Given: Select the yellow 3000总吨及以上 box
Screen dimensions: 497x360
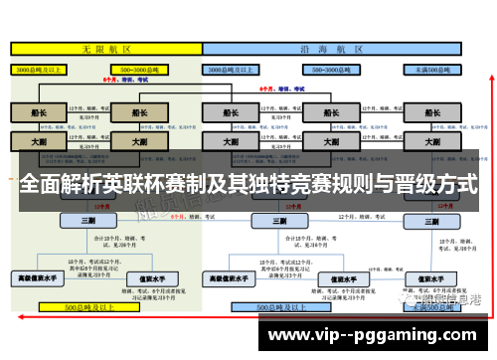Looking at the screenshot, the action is (x=38, y=69).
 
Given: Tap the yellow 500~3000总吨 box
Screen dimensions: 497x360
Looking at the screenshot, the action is (x=136, y=69).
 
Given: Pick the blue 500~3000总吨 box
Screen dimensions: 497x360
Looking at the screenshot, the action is (x=334, y=69).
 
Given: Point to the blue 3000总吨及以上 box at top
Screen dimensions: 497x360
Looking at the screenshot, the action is (x=230, y=69).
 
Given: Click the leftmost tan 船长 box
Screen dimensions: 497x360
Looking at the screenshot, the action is (x=38, y=112).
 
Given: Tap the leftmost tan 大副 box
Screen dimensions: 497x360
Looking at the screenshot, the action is (x=38, y=141).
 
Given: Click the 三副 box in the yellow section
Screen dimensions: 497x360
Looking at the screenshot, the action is (x=86, y=221).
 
